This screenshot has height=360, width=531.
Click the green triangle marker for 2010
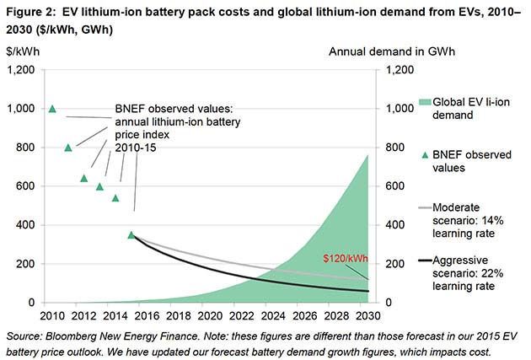(52, 109)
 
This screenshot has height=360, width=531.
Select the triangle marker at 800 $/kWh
(68, 148)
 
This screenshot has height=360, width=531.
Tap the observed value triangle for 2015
(131, 234)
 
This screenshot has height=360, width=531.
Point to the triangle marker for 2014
(115, 198)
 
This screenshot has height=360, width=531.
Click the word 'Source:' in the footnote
(24, 335)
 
